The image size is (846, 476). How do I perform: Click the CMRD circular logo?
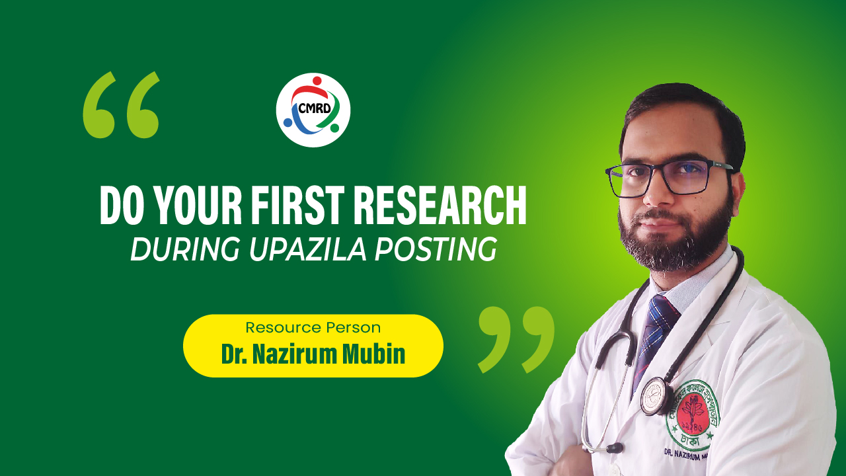(x=313, y=110)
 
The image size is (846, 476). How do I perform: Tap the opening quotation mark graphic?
(x=122, y=105)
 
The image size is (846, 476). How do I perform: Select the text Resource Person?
(x=313, y=327)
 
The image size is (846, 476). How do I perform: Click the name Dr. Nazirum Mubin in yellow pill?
(x=313, y=354)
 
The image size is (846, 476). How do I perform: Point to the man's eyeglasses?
(x=668, y=177)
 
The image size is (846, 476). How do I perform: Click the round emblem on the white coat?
(x=692, y=414)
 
